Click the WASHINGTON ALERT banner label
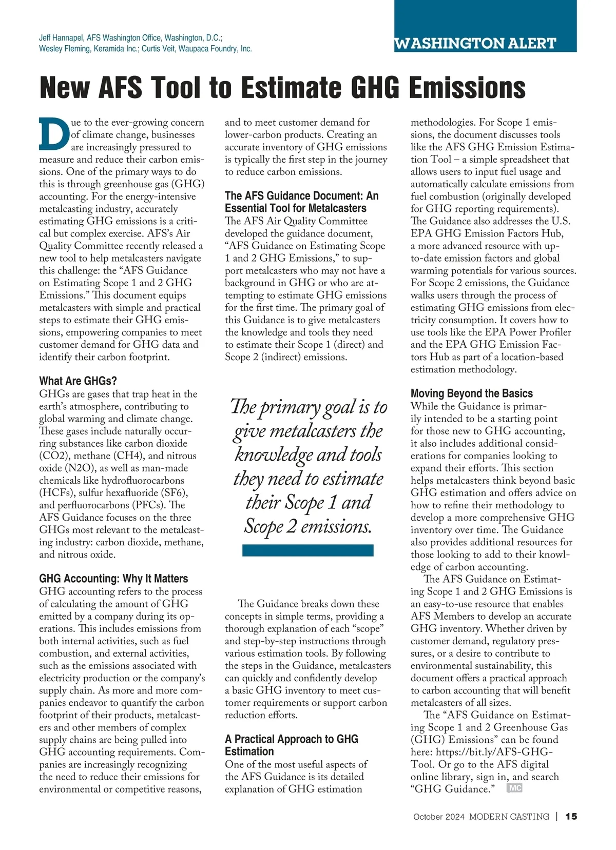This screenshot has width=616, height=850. point(475,44)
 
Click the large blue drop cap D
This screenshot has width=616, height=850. point(53,134)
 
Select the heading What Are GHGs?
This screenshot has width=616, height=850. point(78,381)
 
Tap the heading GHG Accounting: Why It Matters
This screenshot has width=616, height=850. point(113,578)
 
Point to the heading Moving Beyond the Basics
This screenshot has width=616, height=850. point(471,393)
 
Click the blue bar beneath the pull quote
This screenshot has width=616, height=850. point(307,550)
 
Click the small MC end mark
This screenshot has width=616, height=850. point(514,788)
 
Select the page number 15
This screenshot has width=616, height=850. point(571,816)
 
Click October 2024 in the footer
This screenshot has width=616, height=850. point(439,817)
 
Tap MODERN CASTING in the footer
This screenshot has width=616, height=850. point(509,817)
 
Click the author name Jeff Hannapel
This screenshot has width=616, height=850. point(61,38)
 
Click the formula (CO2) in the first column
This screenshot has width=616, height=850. point(52,456)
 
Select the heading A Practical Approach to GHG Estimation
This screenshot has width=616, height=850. point(291,745)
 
